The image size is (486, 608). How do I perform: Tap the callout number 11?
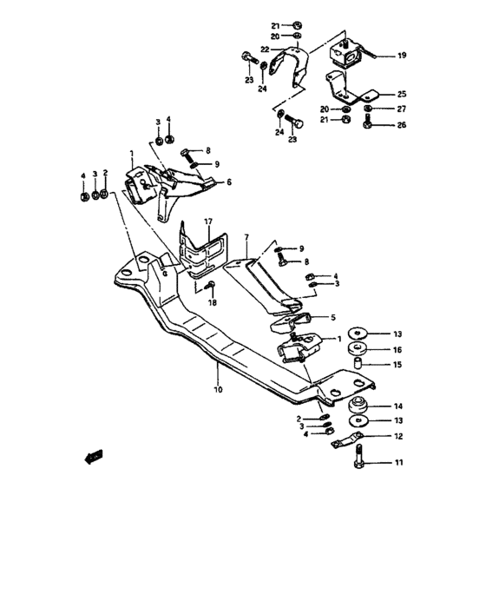pyautogui.click(x=398, y=464)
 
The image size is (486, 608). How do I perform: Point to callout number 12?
pyautogui.click(x=398, y=437)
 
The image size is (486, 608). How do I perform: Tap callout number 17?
pyautogui.click(x=208, y=223)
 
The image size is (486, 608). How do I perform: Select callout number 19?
pyautogui.click(x=402, y=56)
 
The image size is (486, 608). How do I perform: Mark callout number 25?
pyautogui.click(x=402, y=94)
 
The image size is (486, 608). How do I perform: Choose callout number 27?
pyautogui.click(x=402, y=109)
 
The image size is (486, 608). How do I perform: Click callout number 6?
pyautogui.click(x=229, y=182)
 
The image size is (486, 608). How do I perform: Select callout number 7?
pyautogui.click(x=246, y=236)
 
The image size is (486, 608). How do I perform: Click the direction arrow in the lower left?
pyautogui.click(x=94, y=455)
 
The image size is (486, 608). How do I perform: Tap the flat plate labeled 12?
pyautogui.click(x=349, y=439)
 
